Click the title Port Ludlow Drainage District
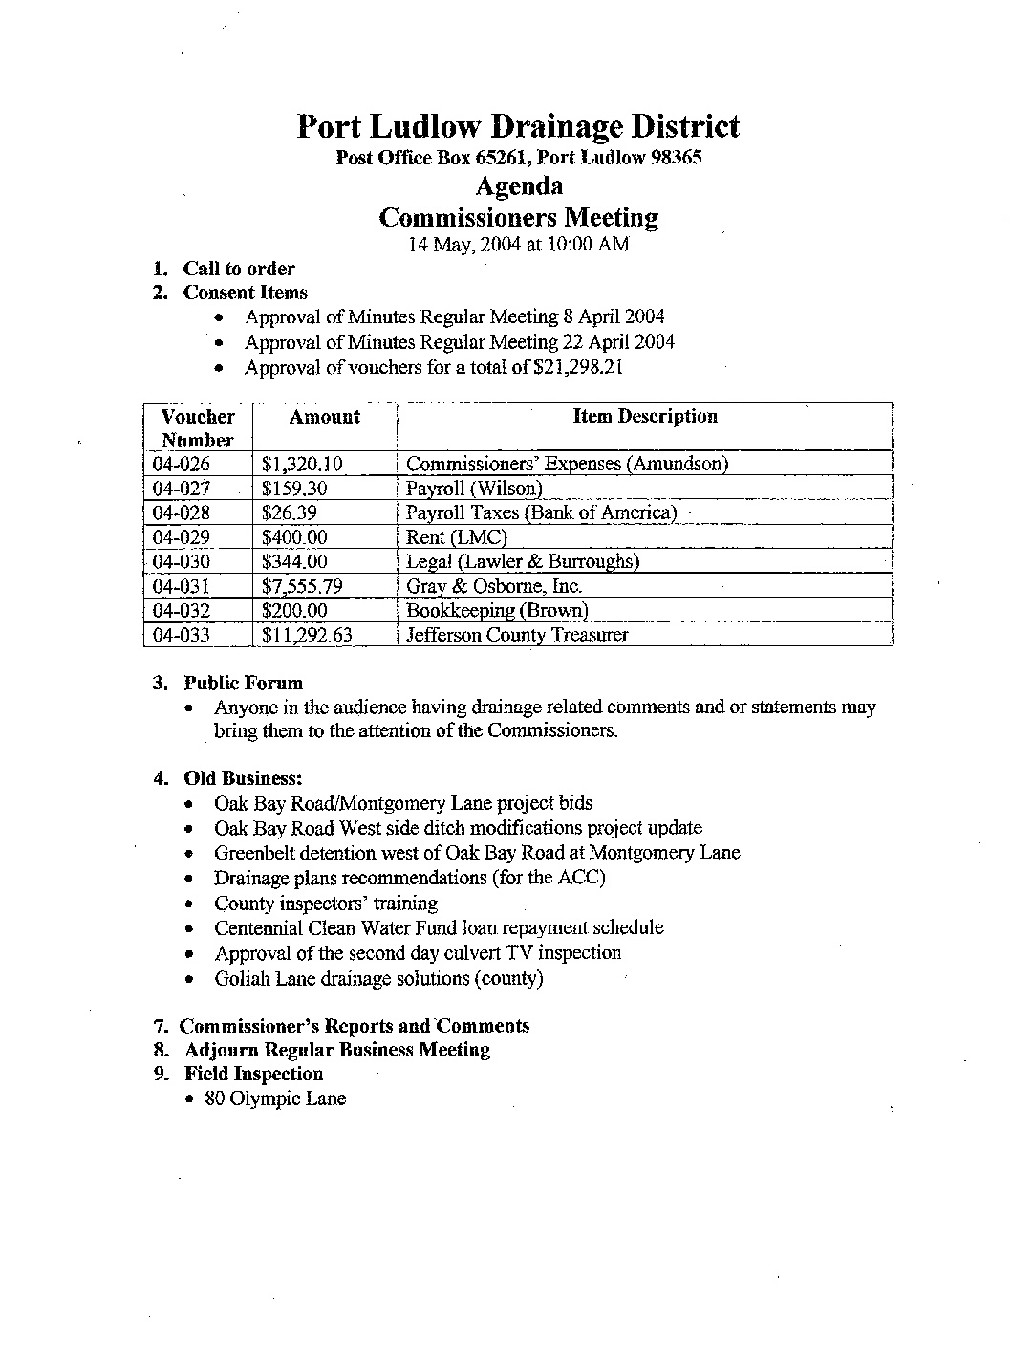(518, 126)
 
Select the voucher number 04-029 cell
(182, 537)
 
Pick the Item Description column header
(645, 417)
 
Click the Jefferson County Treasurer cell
(517, 635)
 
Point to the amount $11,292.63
(307, 635)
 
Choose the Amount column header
(324, 417)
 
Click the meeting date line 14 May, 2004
(518, 244)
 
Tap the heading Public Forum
(243, 683)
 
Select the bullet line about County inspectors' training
(326, 904)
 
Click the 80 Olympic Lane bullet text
(275, 1099)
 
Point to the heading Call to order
(239, 269)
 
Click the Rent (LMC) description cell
(456, 537)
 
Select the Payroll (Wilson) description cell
(474, 489)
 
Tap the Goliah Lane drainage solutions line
(378, 978)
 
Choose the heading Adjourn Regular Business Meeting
(336, 1050)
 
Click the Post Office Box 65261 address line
(518, 158)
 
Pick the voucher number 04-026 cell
(182, 465)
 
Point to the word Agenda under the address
(519, 185)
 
